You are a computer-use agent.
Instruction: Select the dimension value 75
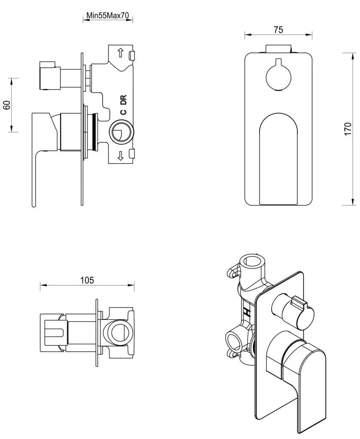point(278,30)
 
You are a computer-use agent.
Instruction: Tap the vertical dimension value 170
point(348,129)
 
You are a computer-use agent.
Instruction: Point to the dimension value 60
point(6,105)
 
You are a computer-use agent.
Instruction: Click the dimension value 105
point(87,280)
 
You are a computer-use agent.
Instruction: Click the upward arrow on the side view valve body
point(121,53)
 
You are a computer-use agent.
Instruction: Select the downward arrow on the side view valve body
point(121,156)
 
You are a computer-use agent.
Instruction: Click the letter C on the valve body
point(123,112)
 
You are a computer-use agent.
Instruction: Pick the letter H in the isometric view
point(247,311)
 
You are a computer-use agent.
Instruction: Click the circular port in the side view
point(121,132)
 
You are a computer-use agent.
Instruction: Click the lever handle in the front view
point(278,159)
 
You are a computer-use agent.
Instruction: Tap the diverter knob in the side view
point(48,77)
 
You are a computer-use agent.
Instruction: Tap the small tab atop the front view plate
point(278,48)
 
